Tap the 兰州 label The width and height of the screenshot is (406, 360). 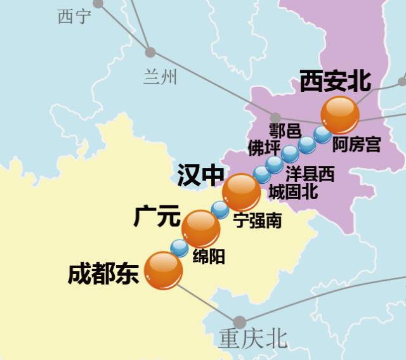coord(160,77)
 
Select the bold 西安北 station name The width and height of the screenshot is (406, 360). coord(335,81)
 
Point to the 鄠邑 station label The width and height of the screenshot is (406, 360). coord(285,131)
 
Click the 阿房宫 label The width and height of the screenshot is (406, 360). coord(357,145)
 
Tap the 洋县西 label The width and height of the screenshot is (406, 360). coord(310,174)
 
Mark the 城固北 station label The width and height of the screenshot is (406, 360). coord(293,191)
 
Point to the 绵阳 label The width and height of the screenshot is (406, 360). coord(208,257)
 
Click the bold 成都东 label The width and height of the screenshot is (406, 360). coord(103,274)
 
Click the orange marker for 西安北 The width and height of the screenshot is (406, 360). coord(340,115)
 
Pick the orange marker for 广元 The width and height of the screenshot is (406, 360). coord(200,229)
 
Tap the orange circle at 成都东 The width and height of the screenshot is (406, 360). coord(164,271)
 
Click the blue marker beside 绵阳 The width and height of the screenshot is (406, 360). coord(180,248)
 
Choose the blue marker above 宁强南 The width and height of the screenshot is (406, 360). coord(219,209)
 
